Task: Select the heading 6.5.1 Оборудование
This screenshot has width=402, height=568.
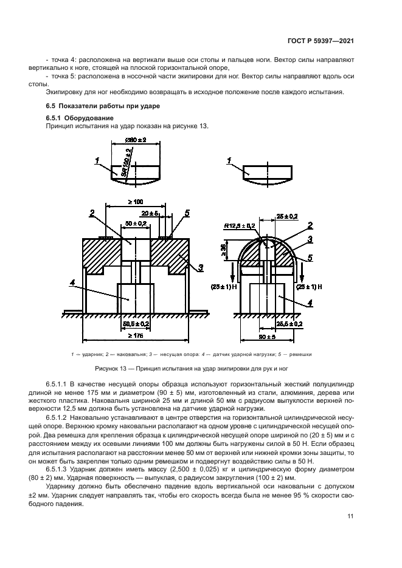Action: (80, 117)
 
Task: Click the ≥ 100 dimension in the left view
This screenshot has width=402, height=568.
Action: (137, 201)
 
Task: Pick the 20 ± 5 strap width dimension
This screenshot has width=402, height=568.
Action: (150, 214)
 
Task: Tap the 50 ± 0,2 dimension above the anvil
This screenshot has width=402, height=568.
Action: (136, 224)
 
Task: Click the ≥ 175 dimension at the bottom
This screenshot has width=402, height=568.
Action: (136, 335)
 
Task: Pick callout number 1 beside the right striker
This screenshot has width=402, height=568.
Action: (229, 160)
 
